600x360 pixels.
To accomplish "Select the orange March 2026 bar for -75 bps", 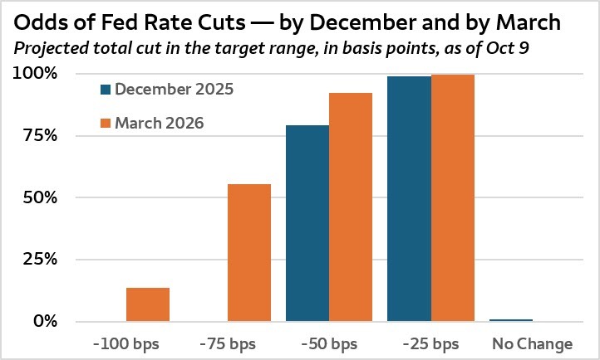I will pos(249,252).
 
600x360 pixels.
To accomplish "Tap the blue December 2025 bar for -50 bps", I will pos(307,223).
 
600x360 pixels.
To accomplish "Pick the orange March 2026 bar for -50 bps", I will pos(351,207).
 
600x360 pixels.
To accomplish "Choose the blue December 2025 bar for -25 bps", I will pos(409,198).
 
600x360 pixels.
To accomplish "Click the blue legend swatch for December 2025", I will pos(105,88).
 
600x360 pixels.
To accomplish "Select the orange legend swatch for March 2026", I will pos(105,124).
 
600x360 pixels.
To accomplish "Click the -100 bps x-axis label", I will pos(125,343).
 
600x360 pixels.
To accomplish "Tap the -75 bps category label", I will pos(227,343).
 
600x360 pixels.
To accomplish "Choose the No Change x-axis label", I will pos(533,343).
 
